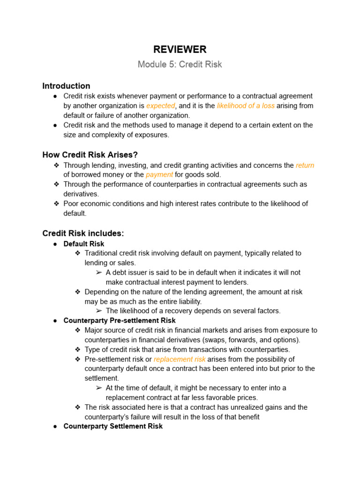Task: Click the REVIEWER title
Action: (x=180, y=49)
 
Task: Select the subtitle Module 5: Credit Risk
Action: (x=180, y=64)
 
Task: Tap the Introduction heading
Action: (x=66, y=86)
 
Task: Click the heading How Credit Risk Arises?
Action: (x=90, y=155)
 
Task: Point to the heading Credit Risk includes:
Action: (x=83, y=233)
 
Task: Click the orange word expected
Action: (x=160, y=106)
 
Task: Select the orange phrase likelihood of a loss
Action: (x=246, y=106)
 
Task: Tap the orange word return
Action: (x=305, y=165)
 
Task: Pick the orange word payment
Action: (x=159, y=175)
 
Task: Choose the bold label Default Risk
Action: (x=84, y=244)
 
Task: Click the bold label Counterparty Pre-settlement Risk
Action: (x=120, y=321)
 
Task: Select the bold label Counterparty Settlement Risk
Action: (x=113, y=426)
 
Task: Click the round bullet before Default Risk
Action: (x=55, y=244)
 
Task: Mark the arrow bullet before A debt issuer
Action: (x=98, y=272)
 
